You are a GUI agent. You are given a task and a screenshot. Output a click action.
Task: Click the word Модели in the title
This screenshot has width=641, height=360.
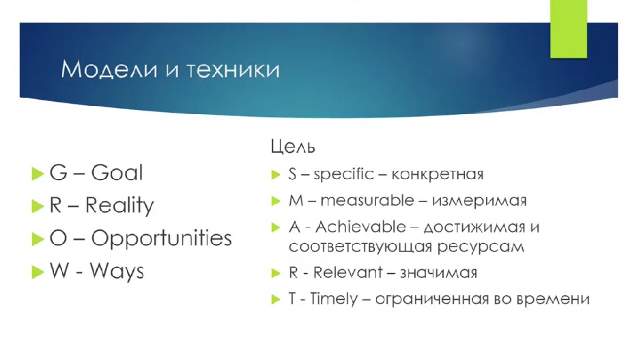pos(109,69)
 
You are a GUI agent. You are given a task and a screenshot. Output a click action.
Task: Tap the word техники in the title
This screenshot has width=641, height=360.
pos(233,69)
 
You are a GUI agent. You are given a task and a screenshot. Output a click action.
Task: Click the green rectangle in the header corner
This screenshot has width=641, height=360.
pos(569,29)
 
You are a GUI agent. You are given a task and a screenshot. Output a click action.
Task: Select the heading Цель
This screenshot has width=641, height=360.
pos(293,146)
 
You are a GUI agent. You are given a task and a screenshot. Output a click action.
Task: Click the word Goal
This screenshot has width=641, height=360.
pos(117,172)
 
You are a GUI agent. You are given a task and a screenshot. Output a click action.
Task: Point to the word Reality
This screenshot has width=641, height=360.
pos(119,206)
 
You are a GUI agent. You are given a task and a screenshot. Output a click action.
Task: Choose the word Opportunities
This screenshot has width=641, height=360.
pos(162,238)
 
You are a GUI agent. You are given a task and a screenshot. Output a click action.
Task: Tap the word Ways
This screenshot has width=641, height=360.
pos(117,271)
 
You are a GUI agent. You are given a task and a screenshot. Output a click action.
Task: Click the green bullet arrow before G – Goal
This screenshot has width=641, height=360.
pos(38,174)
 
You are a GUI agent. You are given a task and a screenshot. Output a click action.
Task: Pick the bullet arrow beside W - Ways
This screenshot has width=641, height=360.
pos(38,272)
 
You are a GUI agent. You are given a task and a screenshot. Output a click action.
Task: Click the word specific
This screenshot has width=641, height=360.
pos(344,175)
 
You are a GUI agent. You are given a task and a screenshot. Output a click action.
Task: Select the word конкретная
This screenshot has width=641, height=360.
pos(438,175)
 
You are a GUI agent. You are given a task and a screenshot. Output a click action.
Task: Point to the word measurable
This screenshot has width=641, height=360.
pos(367,200)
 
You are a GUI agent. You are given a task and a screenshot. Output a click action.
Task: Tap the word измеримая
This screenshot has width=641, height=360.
pos(479,201)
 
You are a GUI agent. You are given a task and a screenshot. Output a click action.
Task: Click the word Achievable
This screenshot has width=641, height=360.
pos(360,227)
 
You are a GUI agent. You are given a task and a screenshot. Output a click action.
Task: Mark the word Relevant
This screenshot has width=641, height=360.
pos(347,273)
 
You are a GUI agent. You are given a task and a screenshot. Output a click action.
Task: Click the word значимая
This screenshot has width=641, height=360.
pos(438,273)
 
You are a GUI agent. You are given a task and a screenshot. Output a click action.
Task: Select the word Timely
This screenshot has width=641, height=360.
pos(334,299)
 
